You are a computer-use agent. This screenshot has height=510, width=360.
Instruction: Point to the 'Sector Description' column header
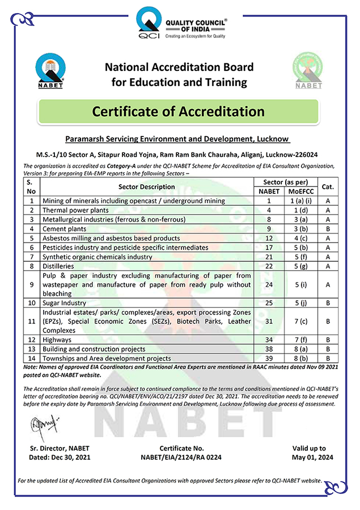(147, 186)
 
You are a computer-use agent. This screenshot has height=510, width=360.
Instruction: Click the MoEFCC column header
(299, 192)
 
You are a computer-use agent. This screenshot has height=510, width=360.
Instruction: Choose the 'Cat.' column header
(328, 186)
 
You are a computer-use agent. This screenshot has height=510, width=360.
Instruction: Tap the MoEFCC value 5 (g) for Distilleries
(299, 267)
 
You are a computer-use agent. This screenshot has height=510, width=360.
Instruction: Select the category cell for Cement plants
(328, 229)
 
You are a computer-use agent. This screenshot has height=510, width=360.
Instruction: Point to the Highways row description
(57, 339)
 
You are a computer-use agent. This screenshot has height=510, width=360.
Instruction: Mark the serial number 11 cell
(32, 322)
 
